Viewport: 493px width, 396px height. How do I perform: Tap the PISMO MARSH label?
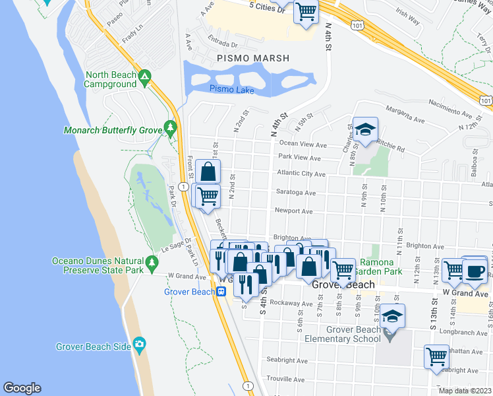point(253,59)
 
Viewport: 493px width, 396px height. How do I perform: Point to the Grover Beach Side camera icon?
point(138,344)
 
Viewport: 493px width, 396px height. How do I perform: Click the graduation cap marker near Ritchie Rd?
point(365,130)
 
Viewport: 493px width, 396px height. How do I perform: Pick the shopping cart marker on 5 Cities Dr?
point(306,11)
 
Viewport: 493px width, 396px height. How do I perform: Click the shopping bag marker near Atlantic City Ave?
point(208,172)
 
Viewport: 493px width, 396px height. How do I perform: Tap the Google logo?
point(22,388)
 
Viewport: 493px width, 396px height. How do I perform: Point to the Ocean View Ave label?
point(303,145)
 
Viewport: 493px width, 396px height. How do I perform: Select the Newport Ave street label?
point(293,212)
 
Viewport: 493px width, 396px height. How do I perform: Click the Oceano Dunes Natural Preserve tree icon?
point(152,262)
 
